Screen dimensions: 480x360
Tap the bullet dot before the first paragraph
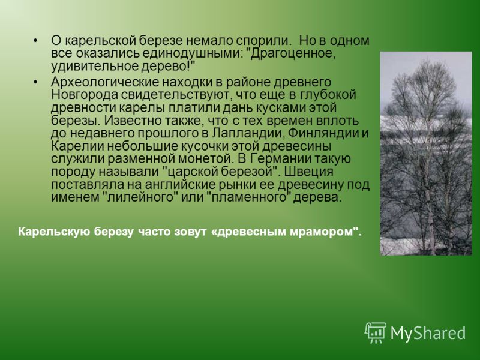36,41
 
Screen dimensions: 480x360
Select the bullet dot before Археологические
36,82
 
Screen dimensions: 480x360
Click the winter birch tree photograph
426,154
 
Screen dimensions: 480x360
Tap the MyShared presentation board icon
376,332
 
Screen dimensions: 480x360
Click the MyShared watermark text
428,333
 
